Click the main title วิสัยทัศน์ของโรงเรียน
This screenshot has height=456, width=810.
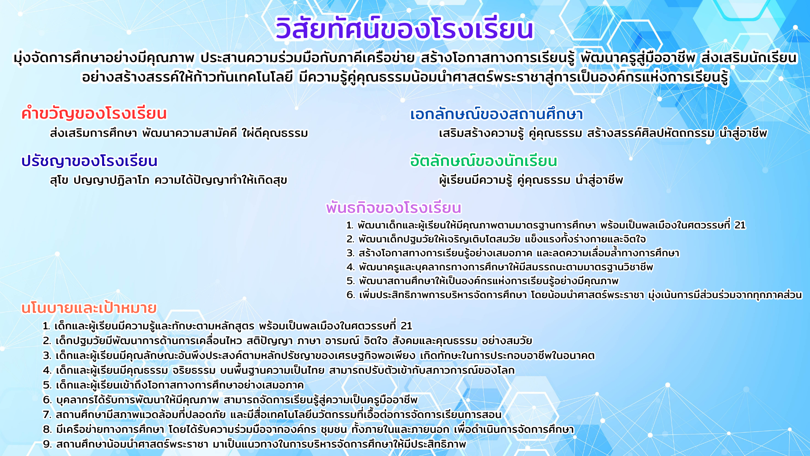(405, 28)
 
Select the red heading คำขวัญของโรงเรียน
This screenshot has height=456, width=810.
(94, 113)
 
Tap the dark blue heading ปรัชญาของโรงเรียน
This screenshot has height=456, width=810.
(89, 160)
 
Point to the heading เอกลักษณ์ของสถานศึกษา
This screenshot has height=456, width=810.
(497, 114)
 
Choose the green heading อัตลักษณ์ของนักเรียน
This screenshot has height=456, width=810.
(484, 160)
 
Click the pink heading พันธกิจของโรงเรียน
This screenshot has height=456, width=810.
(394, 208)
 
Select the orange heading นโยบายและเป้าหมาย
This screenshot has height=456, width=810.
(89, 307)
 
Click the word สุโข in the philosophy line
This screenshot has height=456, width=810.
(59, 180)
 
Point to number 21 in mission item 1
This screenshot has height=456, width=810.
(740, 225)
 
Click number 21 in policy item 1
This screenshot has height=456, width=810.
(406, 326)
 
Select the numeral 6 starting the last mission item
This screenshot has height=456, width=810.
(351, 295)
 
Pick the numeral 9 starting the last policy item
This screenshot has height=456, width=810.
(47, 444)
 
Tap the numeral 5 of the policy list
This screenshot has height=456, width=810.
(47, 385)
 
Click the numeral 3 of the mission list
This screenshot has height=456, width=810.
(351, 253)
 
